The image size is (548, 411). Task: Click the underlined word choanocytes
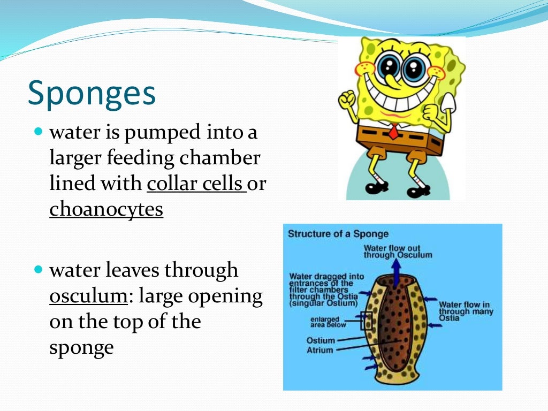[x=106, y=209]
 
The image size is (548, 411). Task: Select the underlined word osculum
[x=88, y=296]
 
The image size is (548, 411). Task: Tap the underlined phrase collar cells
[x=195, y=184]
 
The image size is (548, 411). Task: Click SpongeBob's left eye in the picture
[x=387, y=68]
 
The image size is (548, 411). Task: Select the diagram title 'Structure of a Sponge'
[x=338, y=234]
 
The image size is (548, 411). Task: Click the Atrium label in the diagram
[x=319, y=351]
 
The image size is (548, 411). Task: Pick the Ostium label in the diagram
[x=321, y=340]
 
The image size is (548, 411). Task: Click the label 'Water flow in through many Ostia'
[x=465, y=311]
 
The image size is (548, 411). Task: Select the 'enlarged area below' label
[x=329, y=322]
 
